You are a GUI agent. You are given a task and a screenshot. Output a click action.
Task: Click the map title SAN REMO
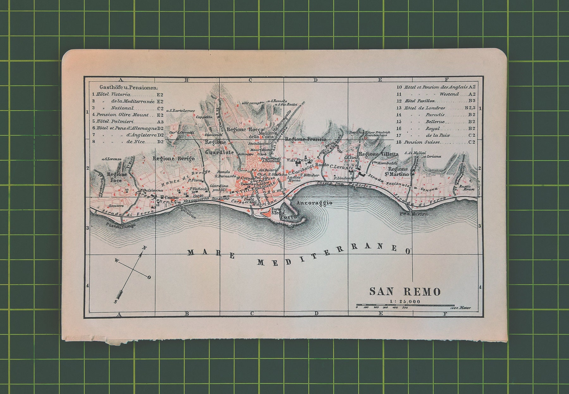405,291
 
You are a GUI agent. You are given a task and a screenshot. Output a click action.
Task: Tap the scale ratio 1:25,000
405,302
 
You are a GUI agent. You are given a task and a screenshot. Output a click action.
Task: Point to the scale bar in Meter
405,306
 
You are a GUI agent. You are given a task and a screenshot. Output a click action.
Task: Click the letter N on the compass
144,248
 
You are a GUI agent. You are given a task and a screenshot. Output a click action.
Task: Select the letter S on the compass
115,302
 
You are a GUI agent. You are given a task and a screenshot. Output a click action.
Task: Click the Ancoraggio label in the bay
315,203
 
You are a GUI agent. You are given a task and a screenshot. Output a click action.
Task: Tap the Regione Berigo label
174,158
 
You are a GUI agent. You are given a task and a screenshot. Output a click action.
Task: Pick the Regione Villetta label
378,154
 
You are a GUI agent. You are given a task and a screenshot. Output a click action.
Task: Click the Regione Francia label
305,139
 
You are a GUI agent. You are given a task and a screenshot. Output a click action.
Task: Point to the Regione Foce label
117,177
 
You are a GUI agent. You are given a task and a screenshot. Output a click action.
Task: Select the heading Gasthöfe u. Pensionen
129,87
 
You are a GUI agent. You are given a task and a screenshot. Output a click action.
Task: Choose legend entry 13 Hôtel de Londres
436,108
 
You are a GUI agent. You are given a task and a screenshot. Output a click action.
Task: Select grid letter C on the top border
250,80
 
